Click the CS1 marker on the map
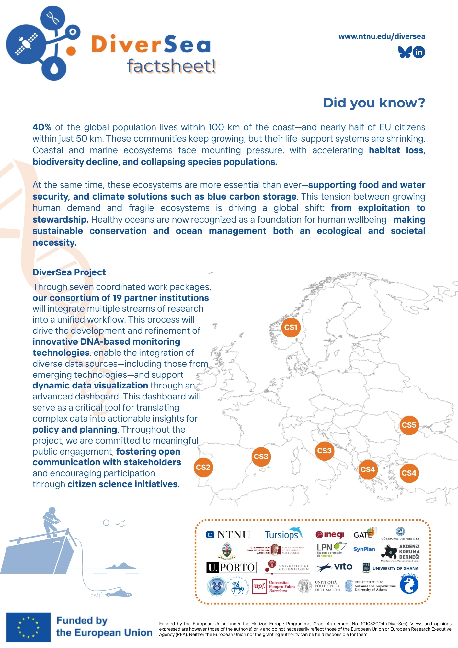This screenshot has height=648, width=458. [x=291, y=328]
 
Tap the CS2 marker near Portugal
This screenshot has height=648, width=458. [x=203, y=467]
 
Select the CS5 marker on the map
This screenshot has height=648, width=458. [x=409, y=425]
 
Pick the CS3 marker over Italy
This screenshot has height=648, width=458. [x=324, y=451]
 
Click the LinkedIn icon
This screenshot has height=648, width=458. [x=419, y=52]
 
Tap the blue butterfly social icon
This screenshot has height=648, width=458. [x=405, y=52]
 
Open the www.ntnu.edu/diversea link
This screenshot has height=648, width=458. [x=382, y=36]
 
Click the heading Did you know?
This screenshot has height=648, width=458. [x=374, y=103]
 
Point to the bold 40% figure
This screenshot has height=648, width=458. [x=42, y=127]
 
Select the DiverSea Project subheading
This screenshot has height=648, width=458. [x=69, y=272]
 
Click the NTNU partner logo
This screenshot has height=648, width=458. [x=228, y=535]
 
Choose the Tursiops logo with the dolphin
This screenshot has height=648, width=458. [x=283, y=534]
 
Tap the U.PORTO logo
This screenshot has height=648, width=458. [x=231, y=567]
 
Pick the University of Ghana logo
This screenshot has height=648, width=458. [x=390, y=568]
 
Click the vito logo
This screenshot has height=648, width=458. [x=334, y=567]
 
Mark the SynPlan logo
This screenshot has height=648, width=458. [x=364, y=549]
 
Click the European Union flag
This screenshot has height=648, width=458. [x=28, y=627]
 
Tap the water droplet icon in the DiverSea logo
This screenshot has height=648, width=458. [x=54, y=68]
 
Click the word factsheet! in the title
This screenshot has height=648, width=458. [x=171, y=66]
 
